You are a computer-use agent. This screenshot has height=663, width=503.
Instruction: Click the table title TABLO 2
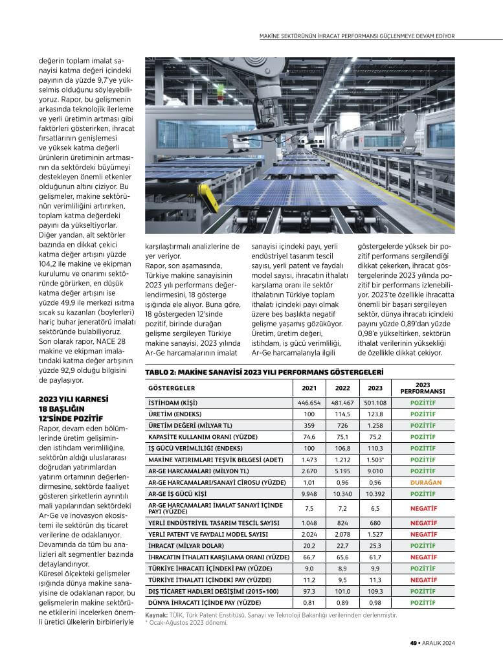click(x=264, y=373)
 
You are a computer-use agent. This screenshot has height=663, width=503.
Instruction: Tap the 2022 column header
click(x=342, y=388)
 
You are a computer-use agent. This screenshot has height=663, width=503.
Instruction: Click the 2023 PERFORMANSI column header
click(x=422, y=388)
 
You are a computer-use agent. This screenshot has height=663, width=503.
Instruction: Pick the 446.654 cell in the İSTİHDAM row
click(x=309, y=403)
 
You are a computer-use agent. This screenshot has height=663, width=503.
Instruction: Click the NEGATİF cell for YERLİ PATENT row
click(x=422, y=534)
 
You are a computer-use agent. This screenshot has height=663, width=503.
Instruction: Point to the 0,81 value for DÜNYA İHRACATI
click(x=309, y=603)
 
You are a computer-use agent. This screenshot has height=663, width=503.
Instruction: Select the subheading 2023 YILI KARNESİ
click(x=73, y=399)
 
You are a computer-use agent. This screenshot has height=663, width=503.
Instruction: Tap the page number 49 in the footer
click(x=412, y=643)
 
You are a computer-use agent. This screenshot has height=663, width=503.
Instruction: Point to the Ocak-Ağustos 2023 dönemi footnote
click(x=188, y=623)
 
